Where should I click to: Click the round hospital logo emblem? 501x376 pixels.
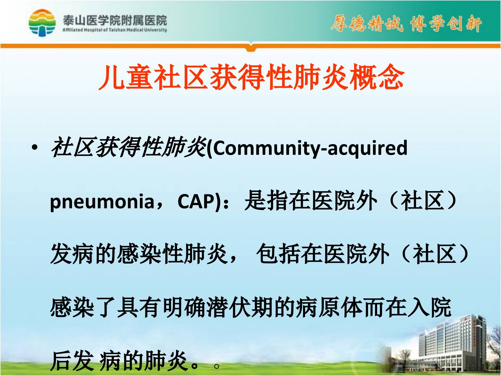42,23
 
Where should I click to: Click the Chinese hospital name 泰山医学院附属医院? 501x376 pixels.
115,21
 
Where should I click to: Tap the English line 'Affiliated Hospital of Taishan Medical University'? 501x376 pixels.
115,30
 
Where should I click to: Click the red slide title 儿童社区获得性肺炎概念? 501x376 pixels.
251,77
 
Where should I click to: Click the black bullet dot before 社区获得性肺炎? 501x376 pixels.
34,147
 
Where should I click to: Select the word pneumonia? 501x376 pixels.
102,202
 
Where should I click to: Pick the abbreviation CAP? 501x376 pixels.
196,201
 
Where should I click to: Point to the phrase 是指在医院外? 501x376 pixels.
311,201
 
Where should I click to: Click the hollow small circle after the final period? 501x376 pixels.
217,366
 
